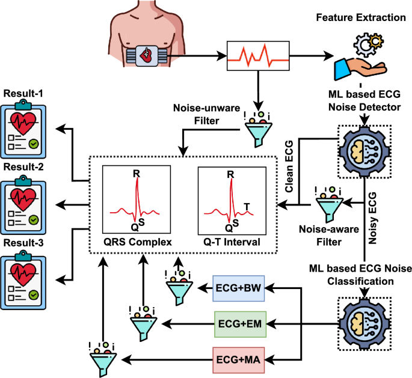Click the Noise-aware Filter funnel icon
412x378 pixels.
(330, 205)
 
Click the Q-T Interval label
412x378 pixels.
(232, 242)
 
